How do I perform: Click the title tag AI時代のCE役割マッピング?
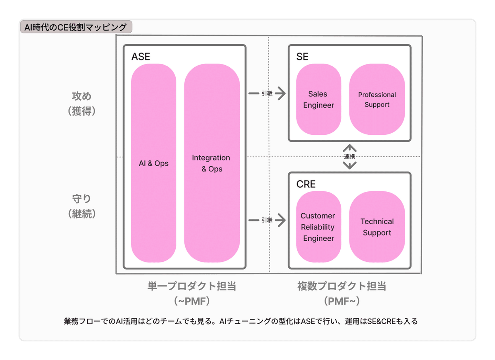[x=76, y=27]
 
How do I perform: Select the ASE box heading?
[x=141, y=57]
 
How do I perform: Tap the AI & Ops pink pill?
[x=154, y=163]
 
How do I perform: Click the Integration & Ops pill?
[x=212, y=163]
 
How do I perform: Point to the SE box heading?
[x=302, y=57]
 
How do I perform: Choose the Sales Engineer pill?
[x=318, y=100]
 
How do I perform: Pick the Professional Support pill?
[x=377, y=100]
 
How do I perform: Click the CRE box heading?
[x=306, y=184]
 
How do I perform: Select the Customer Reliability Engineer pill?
[x=318, y=227]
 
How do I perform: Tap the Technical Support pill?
[x=377, y=227]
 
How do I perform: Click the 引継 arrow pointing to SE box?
[x=267, y=93]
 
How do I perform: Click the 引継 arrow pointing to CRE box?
[x=267, y=220]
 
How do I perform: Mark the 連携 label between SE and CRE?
[x=350, y=157]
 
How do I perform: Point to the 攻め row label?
[x=81, y=96]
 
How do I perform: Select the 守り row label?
[x=81, y=199]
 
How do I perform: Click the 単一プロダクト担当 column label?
[x=191, y=286]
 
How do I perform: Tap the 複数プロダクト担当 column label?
[x=342, y=286]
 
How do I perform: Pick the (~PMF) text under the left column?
[x=191, y=301]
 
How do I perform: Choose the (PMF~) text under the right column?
[x=342, y=301]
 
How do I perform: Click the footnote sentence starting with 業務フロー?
[x=241, y=321]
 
